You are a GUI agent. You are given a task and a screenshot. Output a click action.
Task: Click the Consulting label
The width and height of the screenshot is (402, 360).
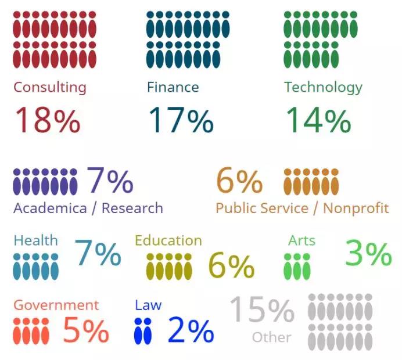click(x=49, y=88)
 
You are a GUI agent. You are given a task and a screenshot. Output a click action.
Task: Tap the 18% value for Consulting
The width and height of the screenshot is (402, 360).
click(x=47, y=120)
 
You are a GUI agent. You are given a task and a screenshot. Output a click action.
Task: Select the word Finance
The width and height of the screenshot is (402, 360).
click(x=173, y=88)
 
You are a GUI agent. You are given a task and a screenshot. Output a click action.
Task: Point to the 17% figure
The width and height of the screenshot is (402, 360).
click(x=181, y=120)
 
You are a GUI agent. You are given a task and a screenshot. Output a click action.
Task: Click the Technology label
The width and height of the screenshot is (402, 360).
click(x=323, y=88)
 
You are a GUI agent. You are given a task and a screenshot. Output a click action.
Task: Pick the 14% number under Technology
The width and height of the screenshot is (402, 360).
click(x=318, y=120)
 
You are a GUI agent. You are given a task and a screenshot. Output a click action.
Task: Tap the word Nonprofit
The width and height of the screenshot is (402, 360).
click(x=356, y=208)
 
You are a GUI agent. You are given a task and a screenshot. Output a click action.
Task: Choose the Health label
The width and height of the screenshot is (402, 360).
click(x=35, y=240)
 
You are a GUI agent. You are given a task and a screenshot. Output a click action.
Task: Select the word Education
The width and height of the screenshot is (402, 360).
click(x=168, y=240)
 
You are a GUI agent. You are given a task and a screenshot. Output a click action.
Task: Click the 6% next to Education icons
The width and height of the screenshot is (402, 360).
click(x=231, y=265)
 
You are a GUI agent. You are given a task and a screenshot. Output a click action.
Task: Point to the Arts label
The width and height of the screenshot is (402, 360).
click(x=301, y=240)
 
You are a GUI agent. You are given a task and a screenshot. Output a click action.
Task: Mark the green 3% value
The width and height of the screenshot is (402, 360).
click(x=369, y=254)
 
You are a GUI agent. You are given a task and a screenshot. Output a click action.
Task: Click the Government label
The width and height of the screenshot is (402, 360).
click(x=56, y=305)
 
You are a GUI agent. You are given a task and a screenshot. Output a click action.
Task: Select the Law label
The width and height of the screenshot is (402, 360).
click(x=148, y=305)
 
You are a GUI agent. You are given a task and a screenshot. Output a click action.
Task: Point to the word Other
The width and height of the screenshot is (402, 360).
click(x=271, y=337)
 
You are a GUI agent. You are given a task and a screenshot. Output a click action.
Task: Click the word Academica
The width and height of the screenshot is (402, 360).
click(x=50, y=208)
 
